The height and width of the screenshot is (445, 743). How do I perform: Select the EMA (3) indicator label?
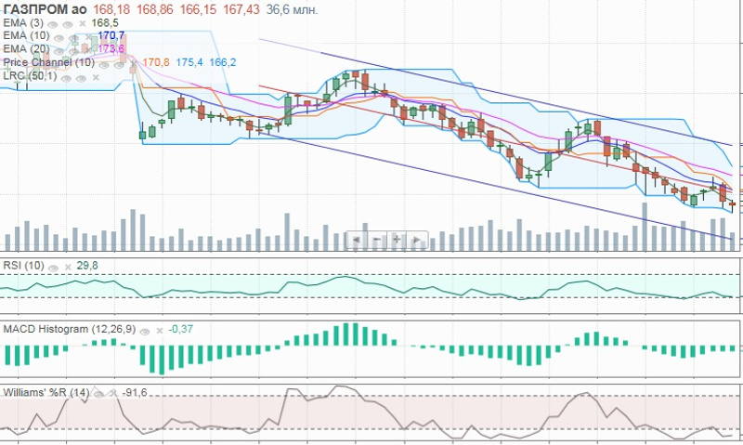22,22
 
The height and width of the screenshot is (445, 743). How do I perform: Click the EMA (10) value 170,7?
110,35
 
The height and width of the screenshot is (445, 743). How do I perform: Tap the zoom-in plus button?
396,240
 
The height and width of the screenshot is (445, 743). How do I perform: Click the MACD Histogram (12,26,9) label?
70,329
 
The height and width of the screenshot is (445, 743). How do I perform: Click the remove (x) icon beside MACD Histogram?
159,330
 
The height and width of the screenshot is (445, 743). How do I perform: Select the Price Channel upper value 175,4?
189,62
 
